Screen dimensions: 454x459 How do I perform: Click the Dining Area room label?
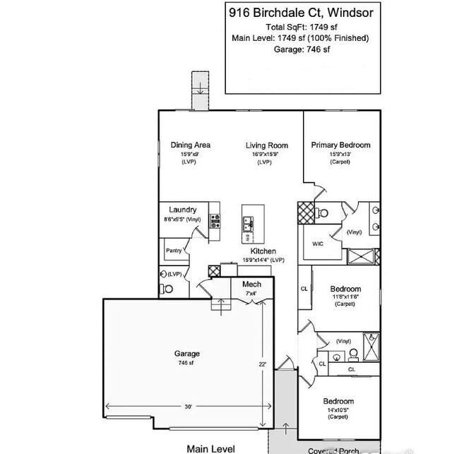[x=190, y=145]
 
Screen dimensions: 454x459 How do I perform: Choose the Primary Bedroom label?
[x=340, y=145]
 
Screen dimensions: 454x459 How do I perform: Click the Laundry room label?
[x=182, y=210]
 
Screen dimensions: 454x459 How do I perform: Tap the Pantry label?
[x=174, y=251]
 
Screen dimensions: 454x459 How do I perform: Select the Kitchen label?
[x=263, y=251]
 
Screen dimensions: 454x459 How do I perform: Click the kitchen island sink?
[x=248, y=224]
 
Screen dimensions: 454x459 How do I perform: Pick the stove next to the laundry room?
[x=215, y=222]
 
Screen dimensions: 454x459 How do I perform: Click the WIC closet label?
[x=318, y=244]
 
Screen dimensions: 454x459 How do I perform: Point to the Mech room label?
[x=252, y=285]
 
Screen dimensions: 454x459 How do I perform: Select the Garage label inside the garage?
[x=187, y=354]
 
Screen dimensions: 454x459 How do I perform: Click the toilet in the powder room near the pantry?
[x=168, y=288]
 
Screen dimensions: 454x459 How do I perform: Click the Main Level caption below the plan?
[x=210, y=448]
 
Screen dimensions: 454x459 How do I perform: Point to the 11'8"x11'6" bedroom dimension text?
[x=345, y=297]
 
